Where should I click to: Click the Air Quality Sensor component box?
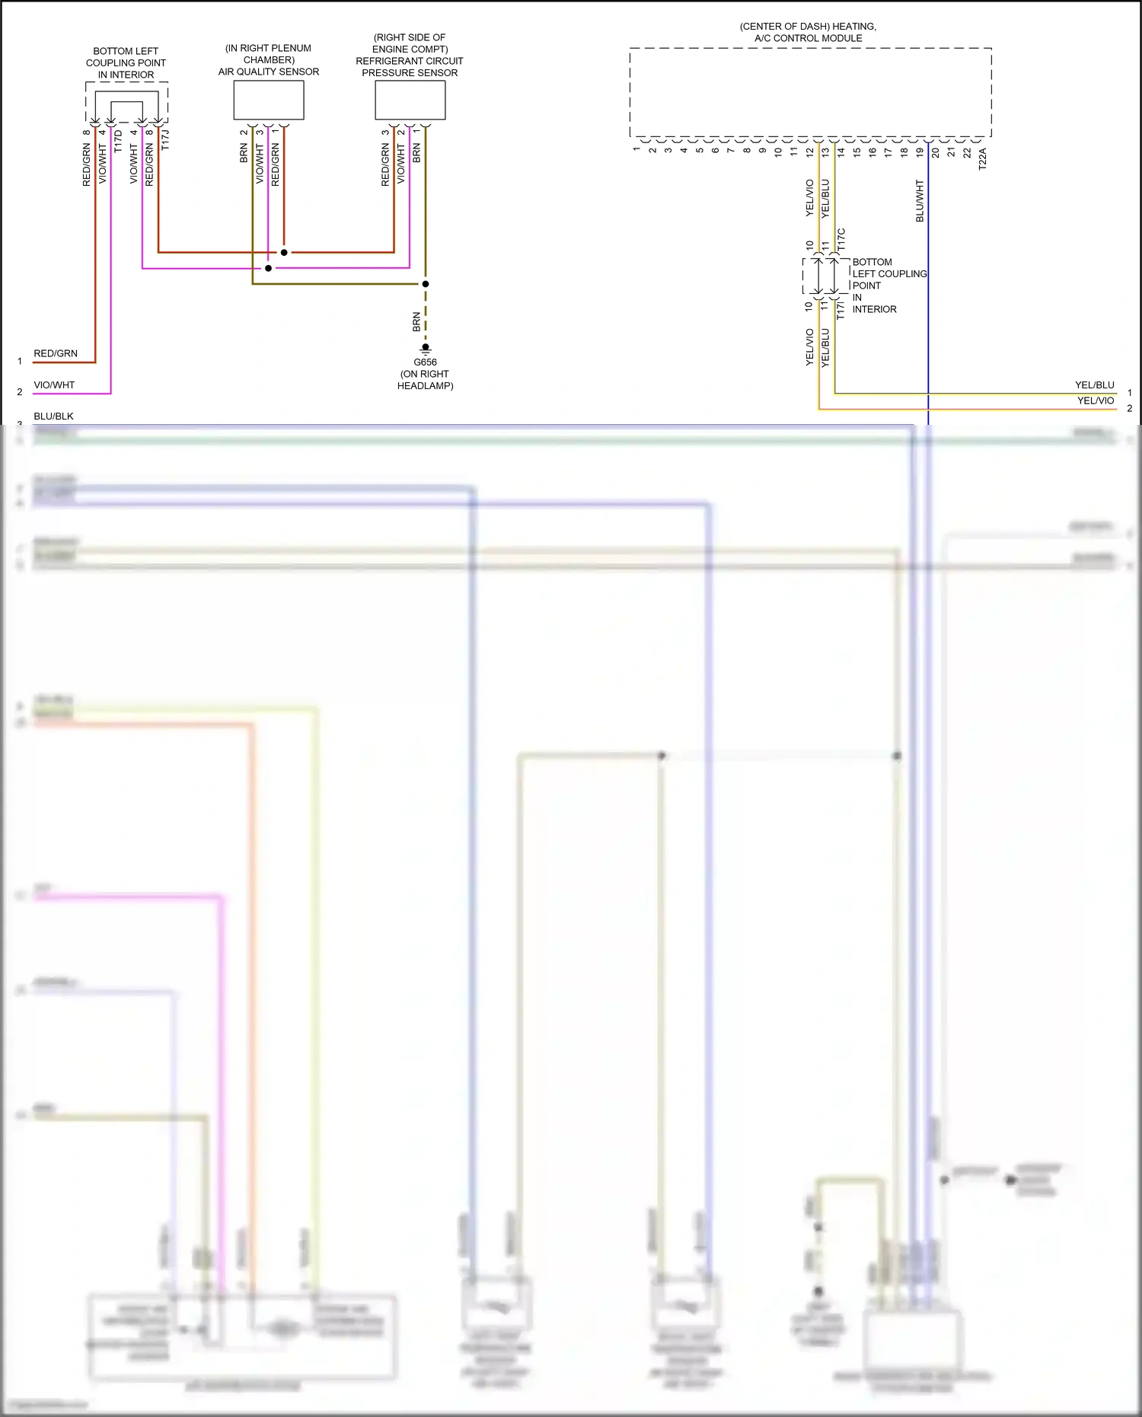(268, 100)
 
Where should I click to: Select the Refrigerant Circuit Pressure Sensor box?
(410, 100)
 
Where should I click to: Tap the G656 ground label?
(425, 362)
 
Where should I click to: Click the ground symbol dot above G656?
(426, 347)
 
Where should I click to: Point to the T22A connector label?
(982, 158)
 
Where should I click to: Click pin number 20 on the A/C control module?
(935, 152)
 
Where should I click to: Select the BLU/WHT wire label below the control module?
(919, 201)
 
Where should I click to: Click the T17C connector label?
(841, 239)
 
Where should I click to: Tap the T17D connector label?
(118, 141)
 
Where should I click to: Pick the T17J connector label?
(165, 140)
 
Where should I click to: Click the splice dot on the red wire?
(284, 252)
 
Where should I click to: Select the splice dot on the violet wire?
(268, 268)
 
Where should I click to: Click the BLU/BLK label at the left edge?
(53, 416)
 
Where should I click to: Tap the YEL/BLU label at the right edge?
(1094, 385)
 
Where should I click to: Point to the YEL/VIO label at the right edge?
(1095, 401)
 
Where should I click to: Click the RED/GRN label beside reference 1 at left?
(56, 353)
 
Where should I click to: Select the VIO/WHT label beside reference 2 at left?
(54, 385)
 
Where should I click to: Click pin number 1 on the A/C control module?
(636, 149)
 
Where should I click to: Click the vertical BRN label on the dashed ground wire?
(416, 321)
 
